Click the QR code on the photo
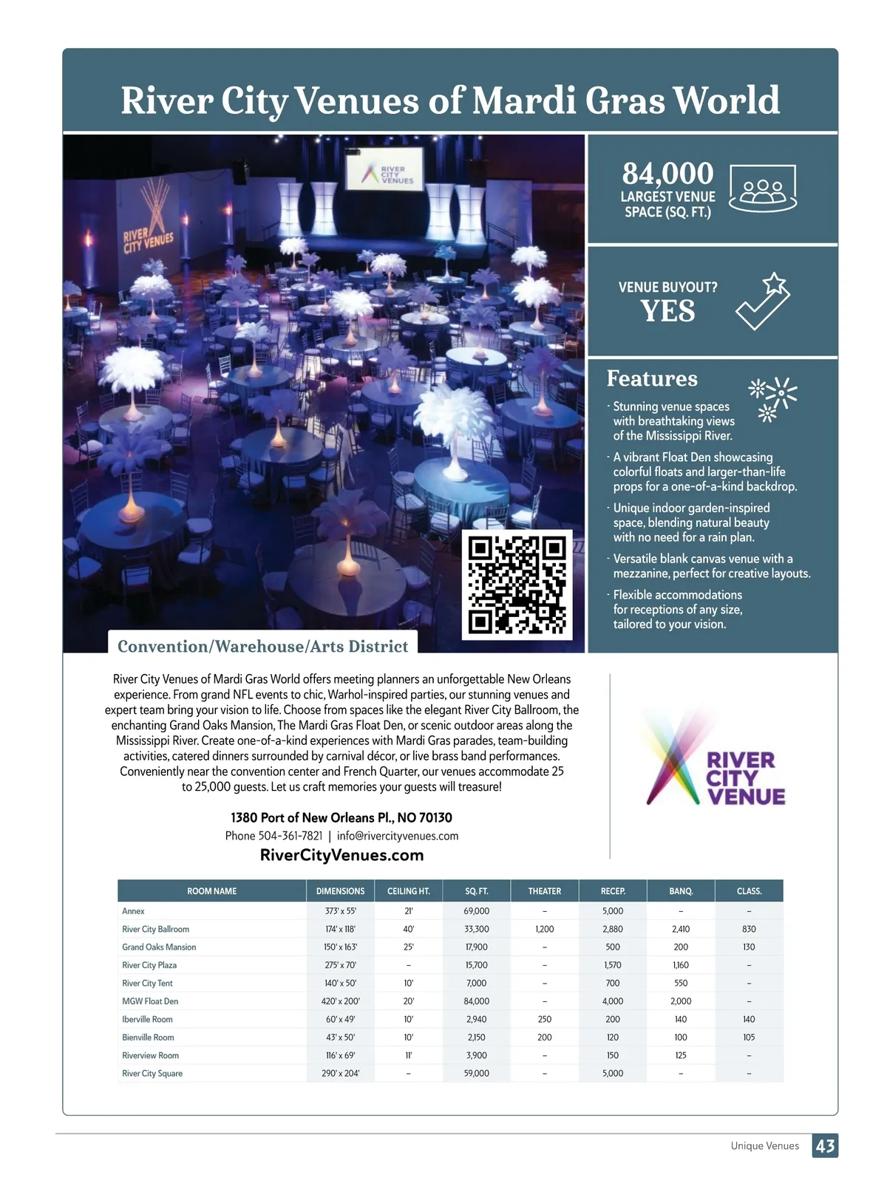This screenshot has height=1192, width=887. point(517,585)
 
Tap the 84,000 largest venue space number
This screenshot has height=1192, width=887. point(667,174)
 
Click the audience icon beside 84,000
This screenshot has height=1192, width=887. point(763,188)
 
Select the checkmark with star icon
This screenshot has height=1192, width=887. point(763,302)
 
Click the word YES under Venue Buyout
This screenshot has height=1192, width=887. point(667,311)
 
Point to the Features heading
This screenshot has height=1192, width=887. point(652,378)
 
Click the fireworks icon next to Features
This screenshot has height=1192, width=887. point(772,398)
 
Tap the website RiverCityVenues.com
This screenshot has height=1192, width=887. point(341,855)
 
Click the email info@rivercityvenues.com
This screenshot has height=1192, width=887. point(398,836)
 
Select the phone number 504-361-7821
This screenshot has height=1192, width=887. point(290,836)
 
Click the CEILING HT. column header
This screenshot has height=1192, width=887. point(408,891)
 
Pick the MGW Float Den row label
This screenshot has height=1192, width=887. point(150,1001)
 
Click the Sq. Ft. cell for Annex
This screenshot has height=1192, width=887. point(477,911)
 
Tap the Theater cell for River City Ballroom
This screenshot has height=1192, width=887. point(545,929)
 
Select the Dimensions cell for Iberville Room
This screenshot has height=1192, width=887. point(340,1019)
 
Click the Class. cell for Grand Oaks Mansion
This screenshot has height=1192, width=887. point(749,947)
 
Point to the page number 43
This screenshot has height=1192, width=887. point(825,1145)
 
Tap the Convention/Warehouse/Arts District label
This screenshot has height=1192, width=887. point(262,647)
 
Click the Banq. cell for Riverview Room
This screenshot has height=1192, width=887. point(681,1055)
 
